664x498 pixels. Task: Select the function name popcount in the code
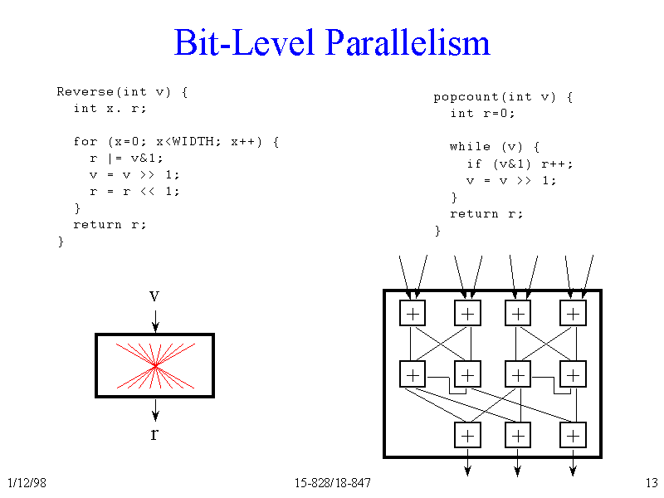point(466,97)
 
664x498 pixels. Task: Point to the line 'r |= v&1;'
point(126,158)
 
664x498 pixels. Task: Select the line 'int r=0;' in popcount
point(482,114)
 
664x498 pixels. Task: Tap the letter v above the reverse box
point(154,296)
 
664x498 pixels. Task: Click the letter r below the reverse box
point(154,433)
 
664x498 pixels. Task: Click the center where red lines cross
point(155,365)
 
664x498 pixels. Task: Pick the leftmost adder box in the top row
point(413,313)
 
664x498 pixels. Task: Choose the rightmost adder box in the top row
point(573,313)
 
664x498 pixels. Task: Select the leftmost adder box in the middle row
point(413,374)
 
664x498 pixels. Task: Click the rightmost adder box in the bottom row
point(573,435)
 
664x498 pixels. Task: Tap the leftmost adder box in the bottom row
point(468,435)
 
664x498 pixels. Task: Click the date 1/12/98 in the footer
point(26,484)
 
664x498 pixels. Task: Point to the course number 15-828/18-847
point(332,484)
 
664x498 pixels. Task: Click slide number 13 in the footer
point(651,484)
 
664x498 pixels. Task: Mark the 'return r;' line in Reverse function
point(110,224)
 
